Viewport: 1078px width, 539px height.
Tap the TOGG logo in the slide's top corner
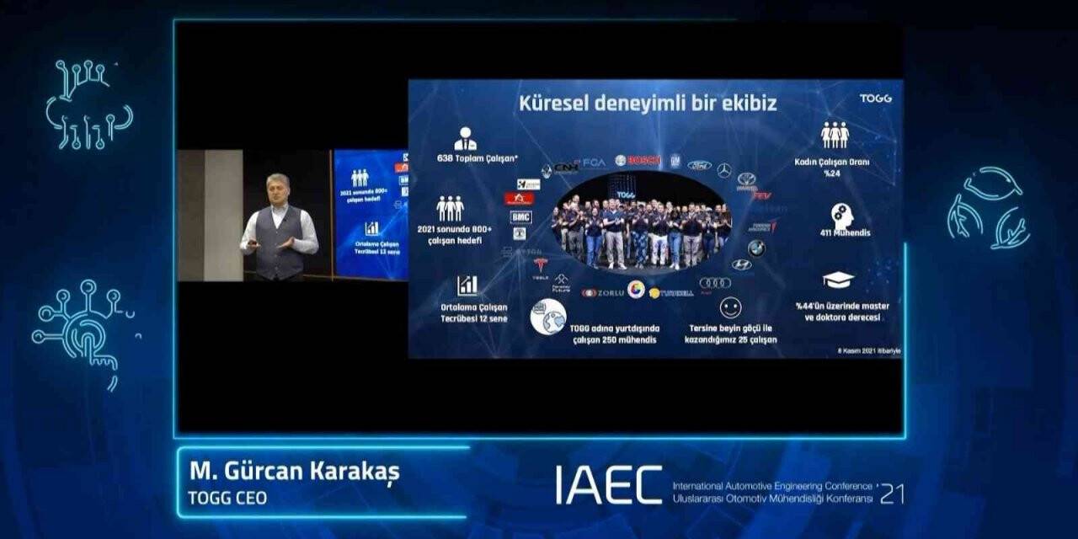pyautogui.click(x=875, y=99)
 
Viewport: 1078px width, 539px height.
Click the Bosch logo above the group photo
pyautogui.click(x=638, y=161)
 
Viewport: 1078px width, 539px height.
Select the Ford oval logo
pyautogui.click(x=699, y=166)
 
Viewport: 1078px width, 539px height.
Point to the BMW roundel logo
pyautogui.click(x=756, y=248)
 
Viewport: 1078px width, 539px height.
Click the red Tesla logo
pyautogui.click(x=541, y=265)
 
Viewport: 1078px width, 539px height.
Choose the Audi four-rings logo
pyautogui.click(x=715, y=283)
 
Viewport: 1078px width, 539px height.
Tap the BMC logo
pyautogui.click(x=520, y=216)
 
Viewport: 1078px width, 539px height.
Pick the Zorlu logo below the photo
pyautogui.click(x=604, y=292)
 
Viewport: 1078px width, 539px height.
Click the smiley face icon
pyautogui.click(x=730, y=307)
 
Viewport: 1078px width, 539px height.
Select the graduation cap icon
pyautogui.click(x=838, y=280)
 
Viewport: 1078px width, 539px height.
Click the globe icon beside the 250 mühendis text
pyautogui.click(x=548, y=317)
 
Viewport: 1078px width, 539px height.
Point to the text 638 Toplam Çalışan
pyautogui.click(x=466, y=158)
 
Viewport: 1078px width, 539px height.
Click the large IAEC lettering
pyautogui.click(x=608, y=485)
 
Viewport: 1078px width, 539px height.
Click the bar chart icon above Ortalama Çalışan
pyautogui.click(x=467, y=286)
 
